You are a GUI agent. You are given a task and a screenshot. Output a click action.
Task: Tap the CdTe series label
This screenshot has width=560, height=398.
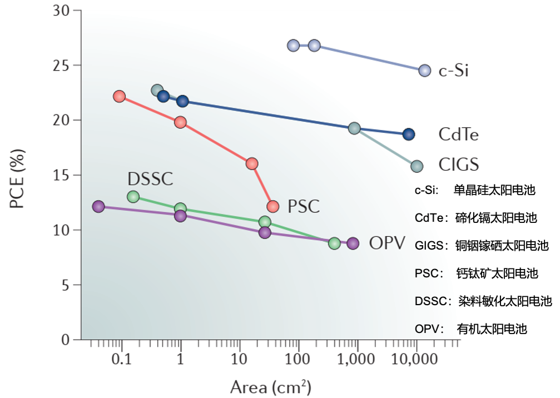tap(458, 135)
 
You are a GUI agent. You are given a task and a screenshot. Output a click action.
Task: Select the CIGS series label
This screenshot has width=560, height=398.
tap(458, 165)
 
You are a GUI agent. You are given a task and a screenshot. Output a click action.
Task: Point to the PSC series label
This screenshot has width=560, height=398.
tap(304, 207)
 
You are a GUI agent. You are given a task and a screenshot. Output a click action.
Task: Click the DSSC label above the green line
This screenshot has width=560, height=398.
tap(150, 179)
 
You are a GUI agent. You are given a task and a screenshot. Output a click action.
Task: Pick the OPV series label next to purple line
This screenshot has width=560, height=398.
tap(387, 243)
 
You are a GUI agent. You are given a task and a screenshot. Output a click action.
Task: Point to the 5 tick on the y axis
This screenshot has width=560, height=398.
tap(70, 285)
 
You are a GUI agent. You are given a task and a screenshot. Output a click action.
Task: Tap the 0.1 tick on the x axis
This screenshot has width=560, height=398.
tap(121, 360)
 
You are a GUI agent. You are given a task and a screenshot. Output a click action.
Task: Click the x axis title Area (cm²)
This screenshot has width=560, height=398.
tap(270, 386)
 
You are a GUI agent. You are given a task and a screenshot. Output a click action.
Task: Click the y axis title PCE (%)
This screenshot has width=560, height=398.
tap(18, 178)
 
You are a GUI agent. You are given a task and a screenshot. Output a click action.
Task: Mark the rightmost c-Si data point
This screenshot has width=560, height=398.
tap(424, 71)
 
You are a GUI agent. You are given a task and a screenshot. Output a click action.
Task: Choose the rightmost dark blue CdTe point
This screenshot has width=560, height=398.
tap(409, 134)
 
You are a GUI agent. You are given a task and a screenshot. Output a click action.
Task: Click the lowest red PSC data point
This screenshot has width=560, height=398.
tap(272, 207)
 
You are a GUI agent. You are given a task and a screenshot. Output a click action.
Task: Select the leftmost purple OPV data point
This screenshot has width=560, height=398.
tap(98, 206)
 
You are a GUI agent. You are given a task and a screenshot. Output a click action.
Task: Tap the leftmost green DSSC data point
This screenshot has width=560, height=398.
tap(133, 197)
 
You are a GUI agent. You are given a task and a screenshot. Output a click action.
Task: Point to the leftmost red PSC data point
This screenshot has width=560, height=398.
tap(119, 96)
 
